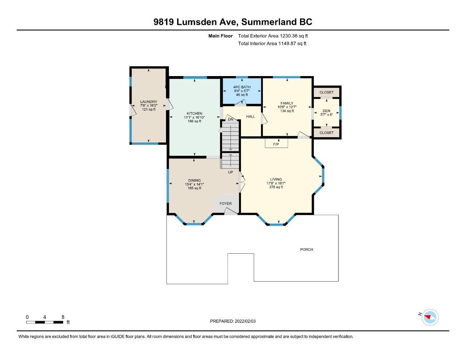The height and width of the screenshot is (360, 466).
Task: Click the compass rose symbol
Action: pyautogui.click(x=430, y=317)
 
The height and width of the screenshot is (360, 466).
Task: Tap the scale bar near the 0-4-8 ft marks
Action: pyautogui.click(x=45, y=322)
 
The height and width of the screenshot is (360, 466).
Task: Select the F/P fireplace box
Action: pyautogui.click(x=276, y=143)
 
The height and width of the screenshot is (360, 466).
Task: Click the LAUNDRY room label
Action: pyautogui.click(x=149, y=102)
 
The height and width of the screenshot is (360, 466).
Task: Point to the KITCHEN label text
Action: pyautogui.click(x=194, y=114)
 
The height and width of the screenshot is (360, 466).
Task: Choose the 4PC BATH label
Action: pyautogui.click(x=242, y=87)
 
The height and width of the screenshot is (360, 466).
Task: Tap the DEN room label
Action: pyautogui.click(x=327, y=111)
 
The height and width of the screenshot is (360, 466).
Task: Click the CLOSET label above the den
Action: pyautogui.click(x=327, y=92)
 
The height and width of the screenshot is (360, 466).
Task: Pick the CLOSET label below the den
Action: pyautogui.click(x=327, y=133)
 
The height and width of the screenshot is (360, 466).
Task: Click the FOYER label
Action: pyautogui.click(x=226, y=203)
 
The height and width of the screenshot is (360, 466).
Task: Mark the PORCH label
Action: pyautogui.click(x=307, y=249)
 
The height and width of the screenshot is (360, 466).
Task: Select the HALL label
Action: pyautogui.click(x=250, y=116)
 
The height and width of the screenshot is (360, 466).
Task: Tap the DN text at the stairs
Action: pyautogui.click(x=230, y=119)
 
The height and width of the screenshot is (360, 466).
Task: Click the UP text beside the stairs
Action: pyautogui.click(x=230, y=172)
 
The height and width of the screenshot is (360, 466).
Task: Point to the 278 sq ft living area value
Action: pyautogui.click(x=276, y=187)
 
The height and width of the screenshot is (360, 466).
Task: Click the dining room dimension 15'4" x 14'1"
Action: pyautogui.click(x=194, y=184)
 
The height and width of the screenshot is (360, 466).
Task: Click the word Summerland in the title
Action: pyautogui.click(x=269, y=22)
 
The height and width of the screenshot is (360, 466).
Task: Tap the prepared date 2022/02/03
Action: pyautogui.click(x=245, y=321)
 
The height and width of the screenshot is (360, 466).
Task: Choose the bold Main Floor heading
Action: pyautogui.click(x=221, y=36)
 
